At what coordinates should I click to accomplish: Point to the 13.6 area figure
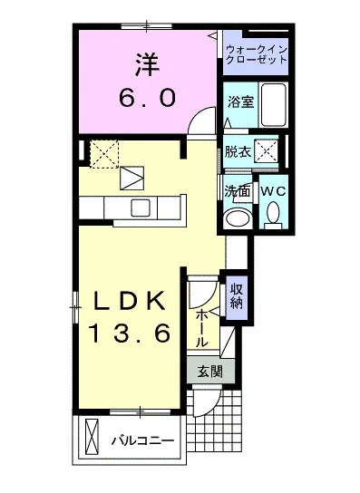[130, 335]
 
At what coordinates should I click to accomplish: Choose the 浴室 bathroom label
[240, 103]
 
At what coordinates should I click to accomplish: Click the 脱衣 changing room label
[238, 152]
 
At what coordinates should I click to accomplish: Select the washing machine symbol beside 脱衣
[267, 152]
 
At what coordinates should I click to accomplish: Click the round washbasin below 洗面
[238, 217]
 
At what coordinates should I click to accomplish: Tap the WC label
[273, 192]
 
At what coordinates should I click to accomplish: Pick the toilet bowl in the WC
[273, 217]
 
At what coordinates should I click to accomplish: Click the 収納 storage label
[237, 296]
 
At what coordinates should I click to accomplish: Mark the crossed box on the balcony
[91, 438]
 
